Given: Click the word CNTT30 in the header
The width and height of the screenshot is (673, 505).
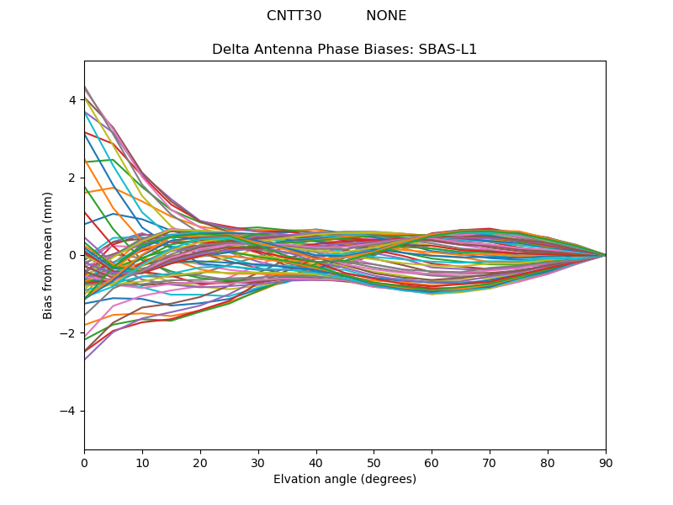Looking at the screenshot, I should tap(294, 16).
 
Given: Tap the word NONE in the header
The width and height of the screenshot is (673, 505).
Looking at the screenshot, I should tap(386, 16).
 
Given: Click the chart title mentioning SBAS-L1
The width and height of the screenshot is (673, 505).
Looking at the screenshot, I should tap(344, 50).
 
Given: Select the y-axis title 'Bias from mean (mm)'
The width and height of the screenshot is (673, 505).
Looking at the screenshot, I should tap(49, 255).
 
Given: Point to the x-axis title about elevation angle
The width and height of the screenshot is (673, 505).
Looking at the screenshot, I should tap(344, 479).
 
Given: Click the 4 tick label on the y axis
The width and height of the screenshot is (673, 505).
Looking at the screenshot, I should tap(72, 100).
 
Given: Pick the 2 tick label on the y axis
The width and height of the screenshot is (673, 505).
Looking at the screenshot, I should tap(72, 178).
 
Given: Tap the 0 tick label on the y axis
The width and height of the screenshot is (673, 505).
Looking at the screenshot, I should tap(72, 255).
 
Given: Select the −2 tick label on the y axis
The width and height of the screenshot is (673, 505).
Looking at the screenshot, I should tap(69, 333).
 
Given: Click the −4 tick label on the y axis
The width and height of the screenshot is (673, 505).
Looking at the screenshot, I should tap(69, 411).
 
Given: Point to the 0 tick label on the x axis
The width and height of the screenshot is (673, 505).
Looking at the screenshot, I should tap(84, 462).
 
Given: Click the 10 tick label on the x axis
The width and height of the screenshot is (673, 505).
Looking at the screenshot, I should tap(142, 462).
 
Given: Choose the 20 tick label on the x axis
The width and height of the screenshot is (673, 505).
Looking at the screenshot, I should tap(200, 462).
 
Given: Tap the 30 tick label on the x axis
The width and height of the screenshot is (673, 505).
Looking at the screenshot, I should tap(258, 462).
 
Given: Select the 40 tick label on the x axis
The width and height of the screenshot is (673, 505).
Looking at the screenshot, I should tap(316, 462).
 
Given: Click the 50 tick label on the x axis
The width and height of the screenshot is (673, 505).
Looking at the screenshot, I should tap(374, 462).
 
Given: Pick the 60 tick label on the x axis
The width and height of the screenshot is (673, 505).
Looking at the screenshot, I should tap(432, 462).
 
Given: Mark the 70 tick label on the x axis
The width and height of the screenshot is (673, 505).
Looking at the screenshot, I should tap(490, 462).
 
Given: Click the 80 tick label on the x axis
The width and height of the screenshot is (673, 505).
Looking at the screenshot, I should tap(548, 462).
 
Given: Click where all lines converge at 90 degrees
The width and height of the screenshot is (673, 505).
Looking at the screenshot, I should tap(605, 255).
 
